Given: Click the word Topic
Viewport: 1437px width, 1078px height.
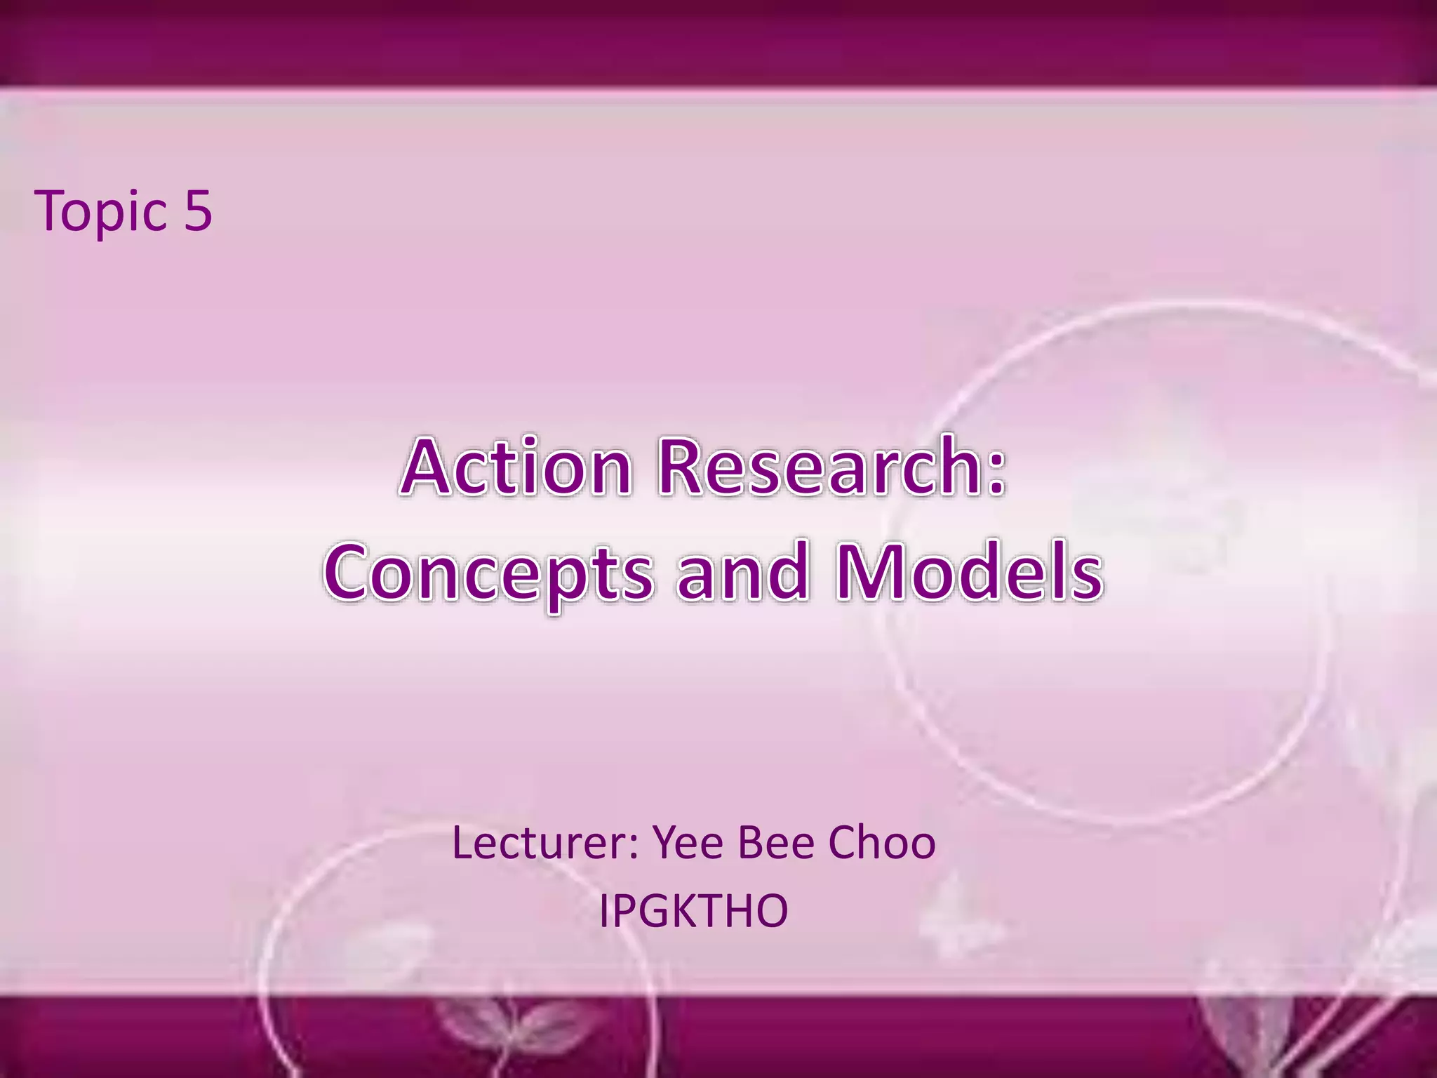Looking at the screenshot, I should (x=102, y=211).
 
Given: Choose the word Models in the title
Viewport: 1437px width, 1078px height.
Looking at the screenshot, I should (x=969, y=572).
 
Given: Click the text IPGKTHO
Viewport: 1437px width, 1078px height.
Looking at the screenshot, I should (x=693, y=911).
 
